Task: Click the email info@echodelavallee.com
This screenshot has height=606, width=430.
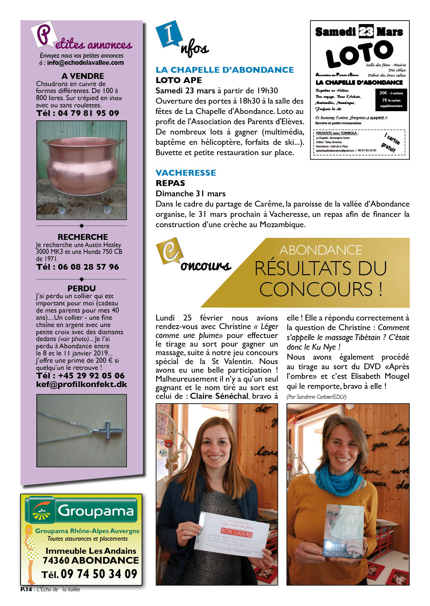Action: click(x=86, y=63)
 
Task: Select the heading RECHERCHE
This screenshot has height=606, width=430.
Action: click(x=82, y=237)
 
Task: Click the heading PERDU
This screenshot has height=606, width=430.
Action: click(x=81, y=288)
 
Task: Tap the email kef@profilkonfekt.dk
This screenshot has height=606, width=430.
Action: click(x=81, y=384)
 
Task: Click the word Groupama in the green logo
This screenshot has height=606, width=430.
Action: click(x=95, y=511)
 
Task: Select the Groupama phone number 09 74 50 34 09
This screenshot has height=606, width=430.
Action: click(x=99, y=574)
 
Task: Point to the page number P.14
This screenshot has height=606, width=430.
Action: click(x=26, y=589)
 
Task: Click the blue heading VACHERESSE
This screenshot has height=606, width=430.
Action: click(x=186, y=173)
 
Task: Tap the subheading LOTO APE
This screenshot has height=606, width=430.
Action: click(x=179, y=80)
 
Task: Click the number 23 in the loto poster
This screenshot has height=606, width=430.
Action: click(x=366, y=32)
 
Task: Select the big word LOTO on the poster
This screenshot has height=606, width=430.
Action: click(x=359, y=54)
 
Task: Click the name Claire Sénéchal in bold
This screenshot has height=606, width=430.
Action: click(x=219, y=396)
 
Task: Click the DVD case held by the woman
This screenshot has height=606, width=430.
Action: click(x=343, y=532)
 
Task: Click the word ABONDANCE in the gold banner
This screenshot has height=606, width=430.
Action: click(x=320, y=250)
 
